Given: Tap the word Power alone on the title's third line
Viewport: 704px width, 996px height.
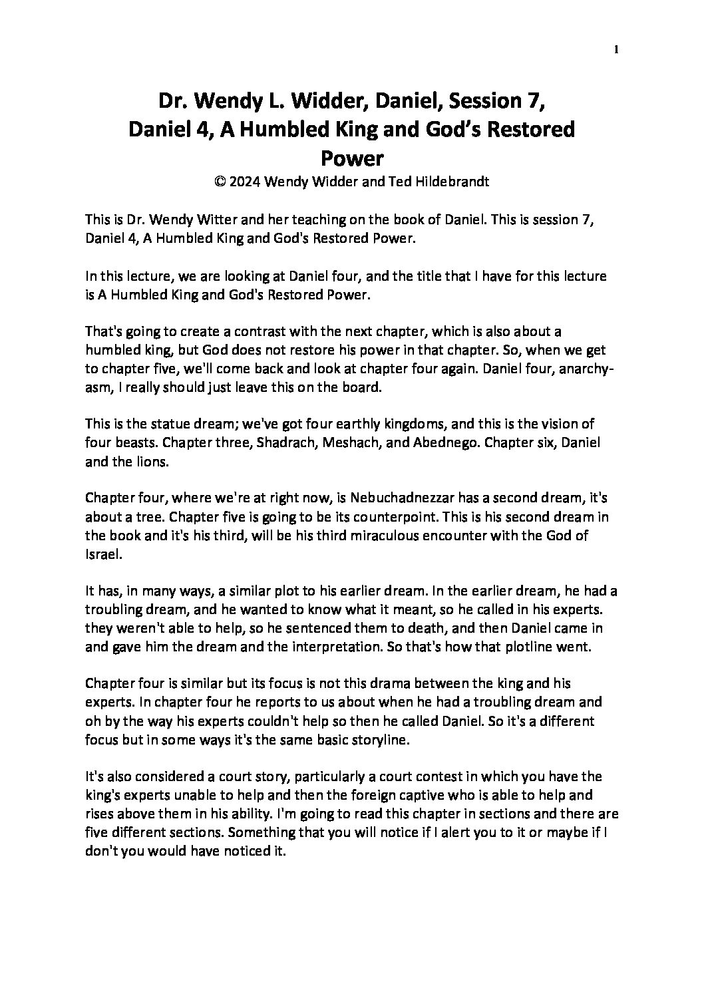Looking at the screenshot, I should click(x=352, y=158).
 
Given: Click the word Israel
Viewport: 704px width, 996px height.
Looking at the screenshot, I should click(x=102, y=554).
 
